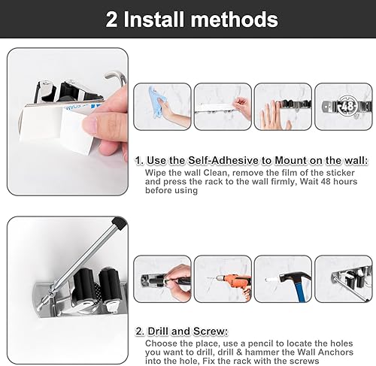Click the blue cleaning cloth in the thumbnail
coord(159,102)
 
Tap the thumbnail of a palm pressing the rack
coord(283,107)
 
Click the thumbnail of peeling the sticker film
coord(223,107)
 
